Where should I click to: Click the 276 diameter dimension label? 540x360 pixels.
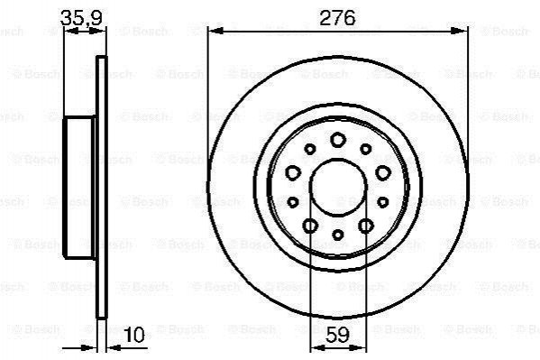point(337,18)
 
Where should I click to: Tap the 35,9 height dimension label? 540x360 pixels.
point(81,18)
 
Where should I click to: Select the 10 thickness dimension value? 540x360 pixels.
point(134,335)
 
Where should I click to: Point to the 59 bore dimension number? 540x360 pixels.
point(337,334)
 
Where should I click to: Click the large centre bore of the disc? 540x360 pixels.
point(338,188)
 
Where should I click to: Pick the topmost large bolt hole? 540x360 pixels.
point(338,140)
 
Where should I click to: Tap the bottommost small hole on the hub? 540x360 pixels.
point(338,235)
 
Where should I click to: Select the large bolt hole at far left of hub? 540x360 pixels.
point(293,172)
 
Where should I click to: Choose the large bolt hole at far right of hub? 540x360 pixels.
point(382,172)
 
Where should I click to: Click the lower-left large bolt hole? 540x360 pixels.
point(310,226)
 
